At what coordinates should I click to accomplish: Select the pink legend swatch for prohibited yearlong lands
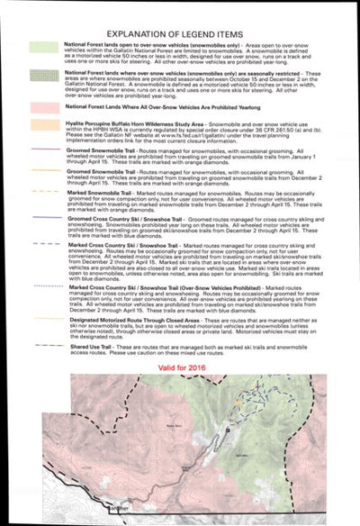(x=43, y=108)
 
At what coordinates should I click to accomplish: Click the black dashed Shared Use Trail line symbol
(x=43, y=346)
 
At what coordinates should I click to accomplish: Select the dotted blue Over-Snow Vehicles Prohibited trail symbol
(x=43, y=286)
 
